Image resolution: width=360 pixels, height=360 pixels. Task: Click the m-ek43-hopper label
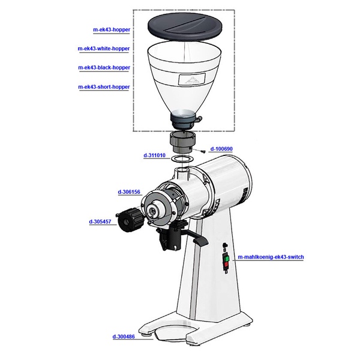(112, 29)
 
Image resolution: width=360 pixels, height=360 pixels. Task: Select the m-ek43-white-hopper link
(104, 49)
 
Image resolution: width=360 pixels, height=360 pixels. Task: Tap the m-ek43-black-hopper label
(104, 68)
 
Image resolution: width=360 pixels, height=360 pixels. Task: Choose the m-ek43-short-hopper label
(104, 87)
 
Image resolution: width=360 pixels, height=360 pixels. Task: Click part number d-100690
(221, 149)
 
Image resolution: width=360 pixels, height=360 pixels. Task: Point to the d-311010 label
(154, 155)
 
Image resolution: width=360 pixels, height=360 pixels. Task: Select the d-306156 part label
(129, 192)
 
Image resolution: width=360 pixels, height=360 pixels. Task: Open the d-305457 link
(100, 222)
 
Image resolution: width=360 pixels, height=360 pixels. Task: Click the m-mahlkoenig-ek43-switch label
(271, 257)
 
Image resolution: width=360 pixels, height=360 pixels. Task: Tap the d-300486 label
(124, 337)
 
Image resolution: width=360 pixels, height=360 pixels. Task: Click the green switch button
(227, 259)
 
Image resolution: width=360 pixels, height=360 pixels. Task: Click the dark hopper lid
(185, 28)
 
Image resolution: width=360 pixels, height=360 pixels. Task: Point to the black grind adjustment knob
(130, 220)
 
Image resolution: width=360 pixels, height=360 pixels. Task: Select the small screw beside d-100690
(203, 152)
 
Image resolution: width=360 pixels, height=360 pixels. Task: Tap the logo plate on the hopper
(192, 79)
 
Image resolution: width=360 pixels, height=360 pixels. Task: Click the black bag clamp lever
(200, 241)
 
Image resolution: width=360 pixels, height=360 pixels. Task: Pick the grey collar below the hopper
(182, 143)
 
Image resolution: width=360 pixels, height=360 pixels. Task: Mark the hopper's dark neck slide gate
(185, 121)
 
